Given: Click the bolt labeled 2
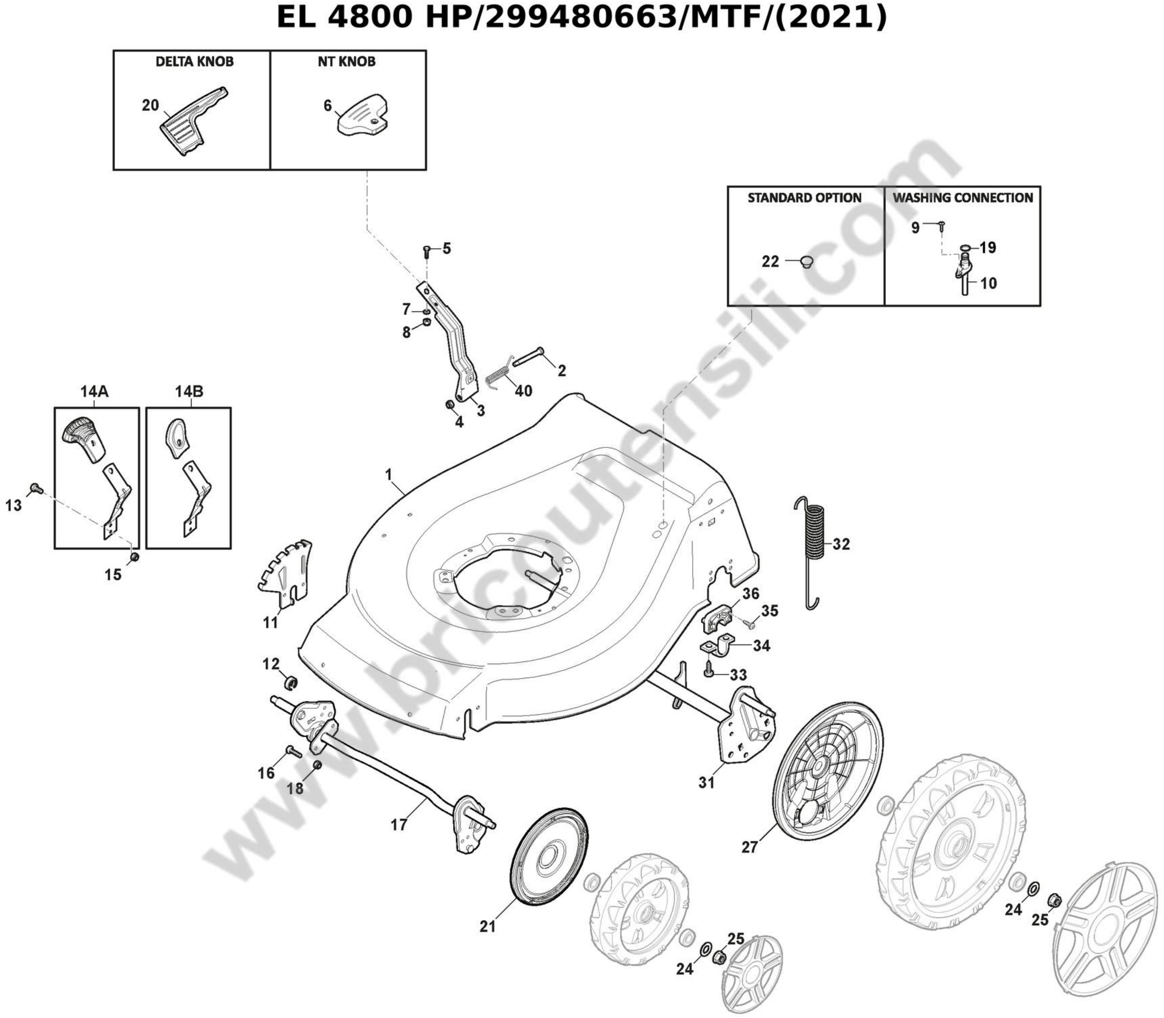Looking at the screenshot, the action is click(528, 357).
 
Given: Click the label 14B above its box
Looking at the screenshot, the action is click(189, 391).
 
